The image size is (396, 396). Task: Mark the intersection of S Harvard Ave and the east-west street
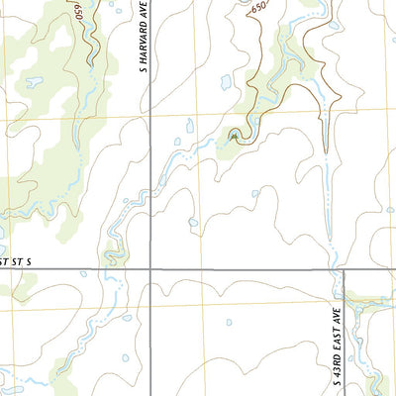click(150, 268)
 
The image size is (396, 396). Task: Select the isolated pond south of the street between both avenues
click(229, 322)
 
